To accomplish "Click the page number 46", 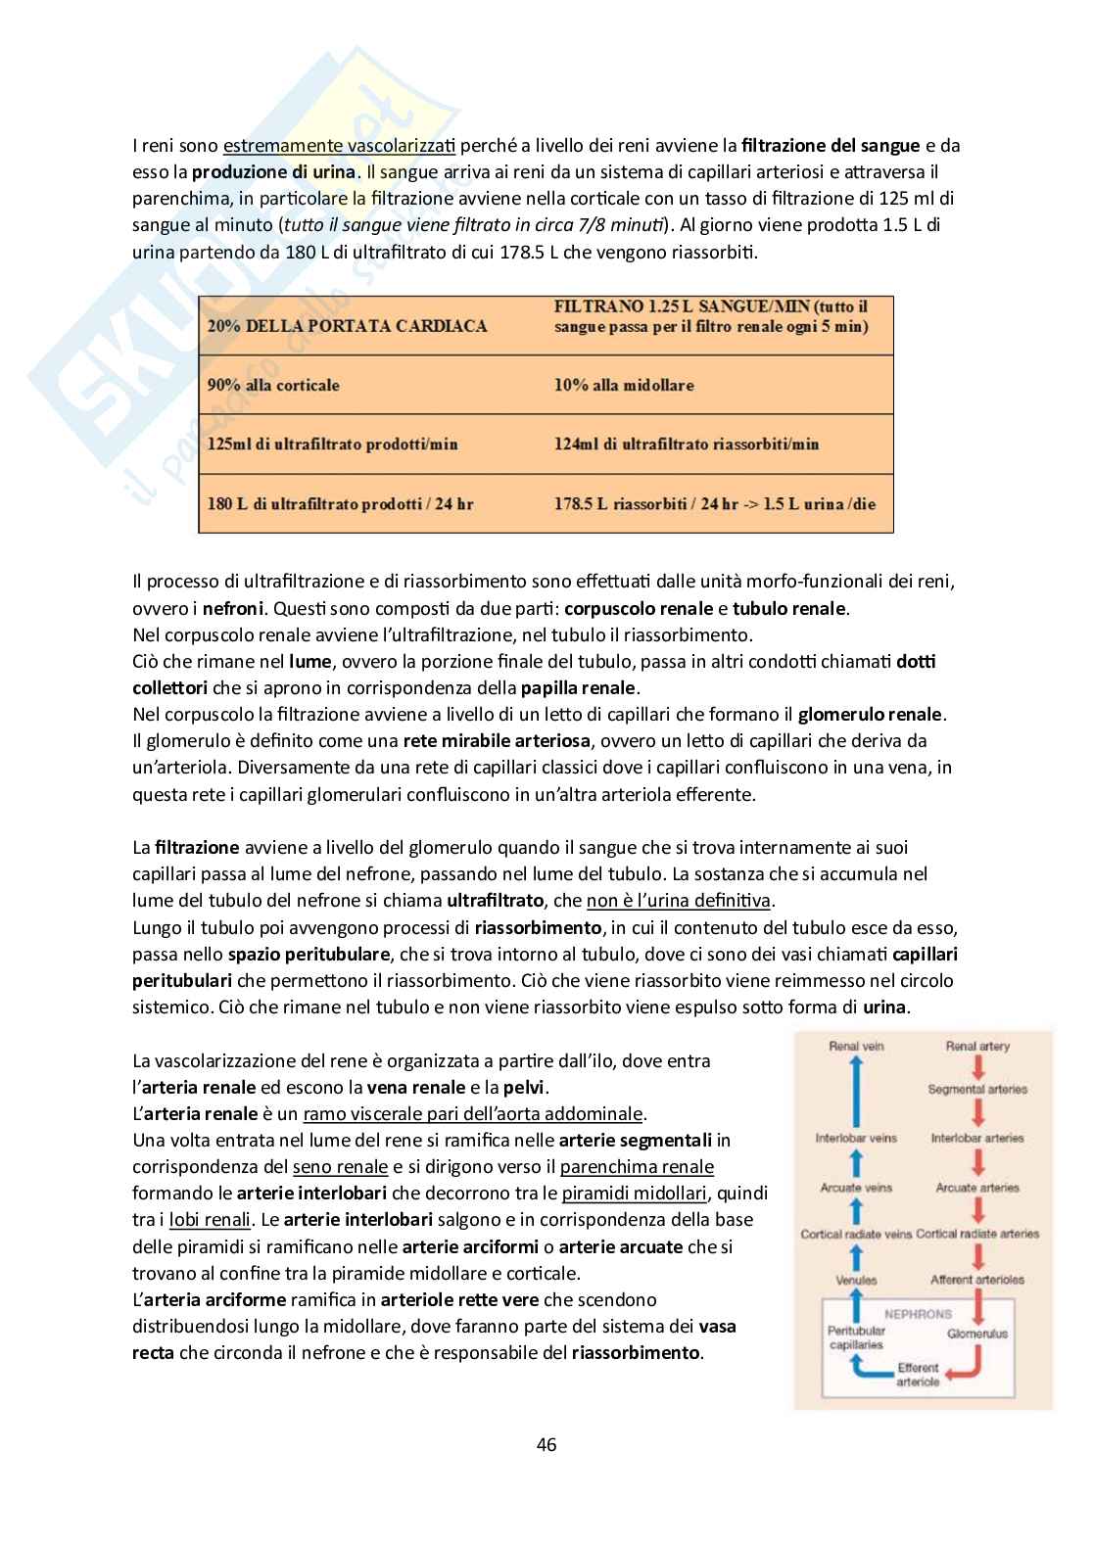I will click(546, 1444).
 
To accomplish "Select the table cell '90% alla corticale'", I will click(273, 385).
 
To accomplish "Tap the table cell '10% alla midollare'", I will click(624, 385).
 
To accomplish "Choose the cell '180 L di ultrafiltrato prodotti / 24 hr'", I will click(340, 504).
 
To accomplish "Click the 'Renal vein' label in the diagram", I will click(856, 1046).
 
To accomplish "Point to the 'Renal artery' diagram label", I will click(977, 1046).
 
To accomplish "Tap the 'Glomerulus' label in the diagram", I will click(977, 1334).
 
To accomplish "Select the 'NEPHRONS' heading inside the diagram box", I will click(918, 1314).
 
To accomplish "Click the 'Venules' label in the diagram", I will click(856, 1280).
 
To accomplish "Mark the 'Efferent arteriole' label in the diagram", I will click(918, 1375).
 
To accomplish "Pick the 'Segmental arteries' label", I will click(977, 1089).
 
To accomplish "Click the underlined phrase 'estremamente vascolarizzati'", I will click(339, 146).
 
